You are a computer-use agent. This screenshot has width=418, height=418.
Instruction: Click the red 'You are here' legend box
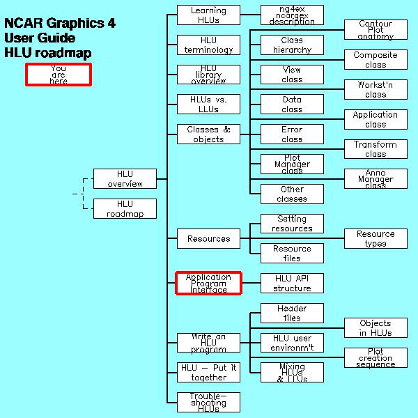click(59, 75)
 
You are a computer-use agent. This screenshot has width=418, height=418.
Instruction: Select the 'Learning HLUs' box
click(208, 15)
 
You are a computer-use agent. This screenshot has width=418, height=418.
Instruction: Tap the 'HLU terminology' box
click(208, 45)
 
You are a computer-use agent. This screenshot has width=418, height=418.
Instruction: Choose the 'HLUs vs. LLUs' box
click(208, 104)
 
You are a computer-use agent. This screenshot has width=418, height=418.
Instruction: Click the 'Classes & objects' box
click(208, 134)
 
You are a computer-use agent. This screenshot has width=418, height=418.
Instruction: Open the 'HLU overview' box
click(125, 179)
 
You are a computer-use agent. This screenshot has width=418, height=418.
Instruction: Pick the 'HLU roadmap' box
click(125, 209)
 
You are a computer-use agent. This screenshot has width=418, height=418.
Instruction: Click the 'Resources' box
click(208, 239)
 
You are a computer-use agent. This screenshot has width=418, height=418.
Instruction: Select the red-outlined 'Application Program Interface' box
click(208, 284)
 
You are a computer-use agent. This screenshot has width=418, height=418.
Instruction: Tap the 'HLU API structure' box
click(292, 284)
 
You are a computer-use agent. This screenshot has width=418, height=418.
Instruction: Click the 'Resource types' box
click(376, 239)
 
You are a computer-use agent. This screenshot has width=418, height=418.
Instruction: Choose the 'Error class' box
click(292, 134)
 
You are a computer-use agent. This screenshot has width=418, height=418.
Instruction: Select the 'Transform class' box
click(376, 149)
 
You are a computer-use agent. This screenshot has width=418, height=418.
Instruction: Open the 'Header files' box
click(292, 313)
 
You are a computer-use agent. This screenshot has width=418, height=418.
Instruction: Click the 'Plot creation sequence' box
click(376, 358)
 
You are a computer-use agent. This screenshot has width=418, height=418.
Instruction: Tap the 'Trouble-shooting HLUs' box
click(208, 403)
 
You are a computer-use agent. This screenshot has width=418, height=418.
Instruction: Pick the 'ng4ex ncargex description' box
click(292, 15)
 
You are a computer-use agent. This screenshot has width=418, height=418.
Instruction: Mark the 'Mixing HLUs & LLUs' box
click(292, 373)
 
